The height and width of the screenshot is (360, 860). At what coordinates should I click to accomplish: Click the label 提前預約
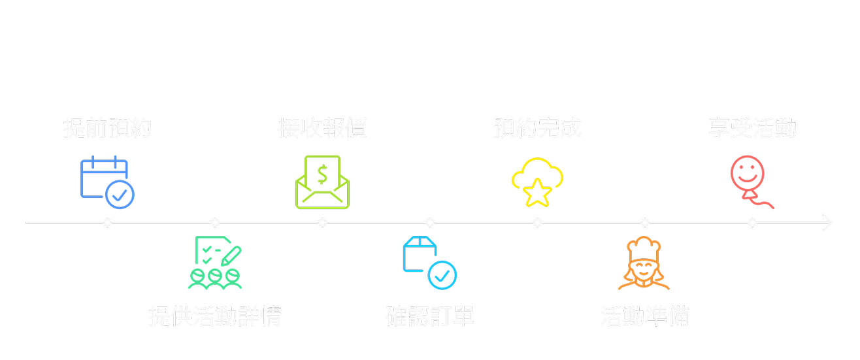[107, 128]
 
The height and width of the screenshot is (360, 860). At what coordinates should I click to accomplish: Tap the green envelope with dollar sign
[322, 182]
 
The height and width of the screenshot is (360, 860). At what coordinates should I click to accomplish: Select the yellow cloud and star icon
[537, 182]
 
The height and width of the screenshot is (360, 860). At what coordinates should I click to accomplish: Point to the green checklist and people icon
[215, 263]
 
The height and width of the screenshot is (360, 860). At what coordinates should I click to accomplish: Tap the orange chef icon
[644, 264]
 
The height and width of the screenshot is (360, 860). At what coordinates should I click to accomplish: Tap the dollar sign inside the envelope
[322, 174]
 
